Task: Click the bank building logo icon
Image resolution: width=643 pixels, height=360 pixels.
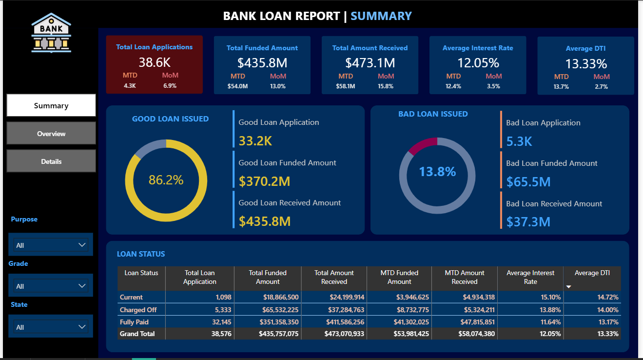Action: tap(51, 33)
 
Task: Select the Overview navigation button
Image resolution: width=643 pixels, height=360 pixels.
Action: tap(51, 133)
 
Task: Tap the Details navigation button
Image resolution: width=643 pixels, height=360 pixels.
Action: tap(51, 161)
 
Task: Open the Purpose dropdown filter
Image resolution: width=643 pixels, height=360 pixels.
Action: tap(51, 245)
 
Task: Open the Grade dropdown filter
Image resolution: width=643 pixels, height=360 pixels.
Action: tap(51, 286)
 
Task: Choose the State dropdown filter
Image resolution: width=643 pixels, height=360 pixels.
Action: tap(51, 327)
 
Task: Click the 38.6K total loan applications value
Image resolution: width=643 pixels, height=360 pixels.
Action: tap(154, 62)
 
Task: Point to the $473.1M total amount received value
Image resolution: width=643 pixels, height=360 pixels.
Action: tap(370, 63)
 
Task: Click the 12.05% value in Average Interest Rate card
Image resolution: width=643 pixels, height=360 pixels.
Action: tap(478, 63)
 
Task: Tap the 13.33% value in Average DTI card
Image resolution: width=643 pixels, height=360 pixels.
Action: tap(585, 64)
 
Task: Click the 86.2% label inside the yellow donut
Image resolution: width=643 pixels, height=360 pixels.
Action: tap(166, 180)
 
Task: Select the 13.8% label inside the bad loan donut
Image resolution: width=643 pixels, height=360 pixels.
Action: tap(437, 172)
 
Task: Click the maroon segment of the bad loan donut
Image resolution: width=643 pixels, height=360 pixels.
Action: tap(421, 145)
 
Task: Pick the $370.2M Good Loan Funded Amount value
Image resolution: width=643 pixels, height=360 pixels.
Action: tap(264, 181)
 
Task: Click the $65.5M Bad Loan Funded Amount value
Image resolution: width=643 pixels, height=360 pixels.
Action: tap(528, 182)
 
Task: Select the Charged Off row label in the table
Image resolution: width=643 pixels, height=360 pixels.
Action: tap(139, 310)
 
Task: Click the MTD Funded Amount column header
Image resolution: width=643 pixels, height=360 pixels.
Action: tap(399, 277)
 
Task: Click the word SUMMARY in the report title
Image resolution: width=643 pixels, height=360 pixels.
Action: tap(381, 16)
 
